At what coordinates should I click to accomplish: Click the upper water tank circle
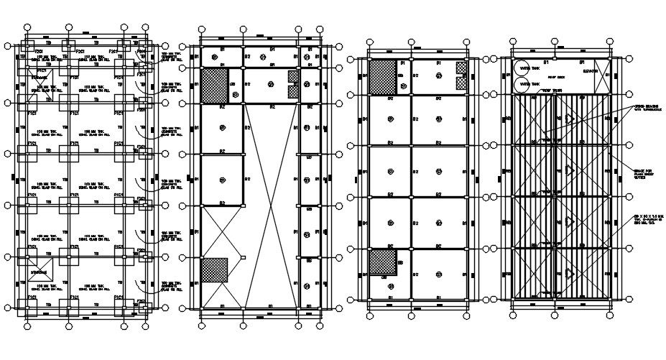[523, 69]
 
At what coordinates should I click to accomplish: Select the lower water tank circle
[523, 84]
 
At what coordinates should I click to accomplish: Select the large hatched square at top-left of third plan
[381, 76]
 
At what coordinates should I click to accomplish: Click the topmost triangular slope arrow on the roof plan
[569, 119]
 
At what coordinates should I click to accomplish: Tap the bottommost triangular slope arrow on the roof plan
[569, 272]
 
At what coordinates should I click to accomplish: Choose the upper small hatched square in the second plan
[293, 77]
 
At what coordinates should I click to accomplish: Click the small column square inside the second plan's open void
[245, 257]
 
